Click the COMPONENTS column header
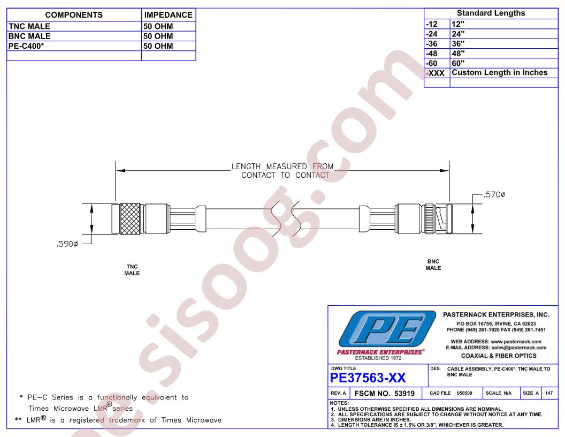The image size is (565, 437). click(x=74, y=15)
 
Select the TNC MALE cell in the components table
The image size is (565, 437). click(x=29, y=26)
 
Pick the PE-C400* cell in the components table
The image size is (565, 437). click(x=26, y=46)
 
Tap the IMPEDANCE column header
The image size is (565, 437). click(x=169, y=15)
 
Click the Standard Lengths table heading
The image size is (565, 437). click(x=491, y=13)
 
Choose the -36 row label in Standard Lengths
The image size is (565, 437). click(x=432, y=44)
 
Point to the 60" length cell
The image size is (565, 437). click(x=458, y=63)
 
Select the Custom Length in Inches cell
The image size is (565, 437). click(x=499, y=72)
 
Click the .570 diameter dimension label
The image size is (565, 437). click(x=494, y=195)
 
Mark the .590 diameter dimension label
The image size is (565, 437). click(x=67, y=244)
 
